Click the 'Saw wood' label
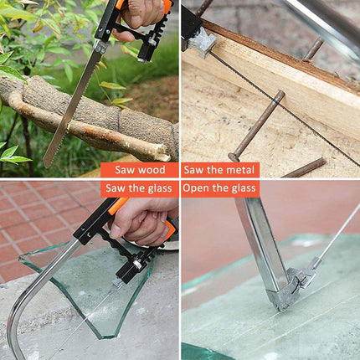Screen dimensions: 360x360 point(140,170)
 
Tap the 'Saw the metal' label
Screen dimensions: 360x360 point(219,170)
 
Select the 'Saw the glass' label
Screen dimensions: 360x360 point(139,188)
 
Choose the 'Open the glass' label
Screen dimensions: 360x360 point(219,188)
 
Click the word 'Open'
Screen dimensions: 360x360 point(196,188)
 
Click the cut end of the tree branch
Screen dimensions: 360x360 point(163,152)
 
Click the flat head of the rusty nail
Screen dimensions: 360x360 point(234,157)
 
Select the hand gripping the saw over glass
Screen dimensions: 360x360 point(144,220)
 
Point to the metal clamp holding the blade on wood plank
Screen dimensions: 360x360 point(202,43)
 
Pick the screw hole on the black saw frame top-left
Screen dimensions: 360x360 point(100,29)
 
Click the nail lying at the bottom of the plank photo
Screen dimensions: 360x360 point(304,168)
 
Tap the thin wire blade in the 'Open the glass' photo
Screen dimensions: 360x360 point(338,232)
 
